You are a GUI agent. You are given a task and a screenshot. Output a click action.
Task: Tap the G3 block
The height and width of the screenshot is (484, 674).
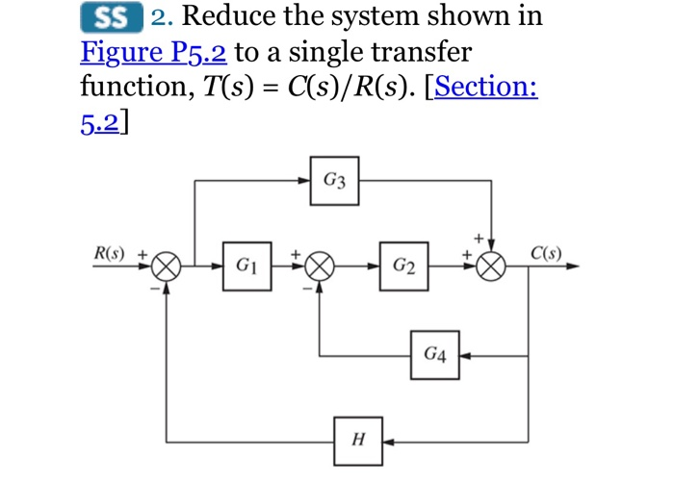(335, 180)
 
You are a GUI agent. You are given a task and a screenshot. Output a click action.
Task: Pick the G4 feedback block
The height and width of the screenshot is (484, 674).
(435, 355)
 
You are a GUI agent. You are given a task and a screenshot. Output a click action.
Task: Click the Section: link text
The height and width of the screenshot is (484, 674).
(486, 87)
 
